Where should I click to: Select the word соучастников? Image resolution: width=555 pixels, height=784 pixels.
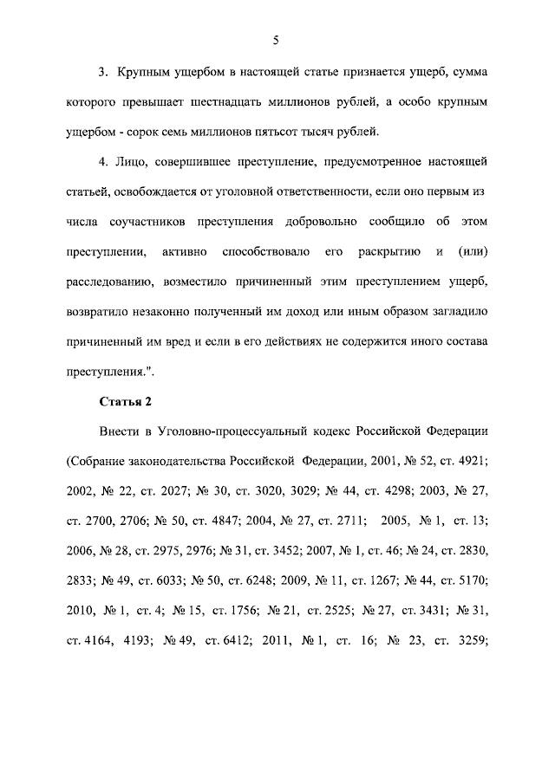pyautogui.click(x=153, y=221)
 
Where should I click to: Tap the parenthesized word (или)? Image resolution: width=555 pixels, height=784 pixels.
pyautogui.click(x=476, y=251)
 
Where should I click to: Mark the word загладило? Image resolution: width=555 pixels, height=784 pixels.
pyautogui.click(x=459, y=310)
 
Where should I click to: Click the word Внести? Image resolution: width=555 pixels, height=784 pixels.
pyautogui.click(x=120, y=431)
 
